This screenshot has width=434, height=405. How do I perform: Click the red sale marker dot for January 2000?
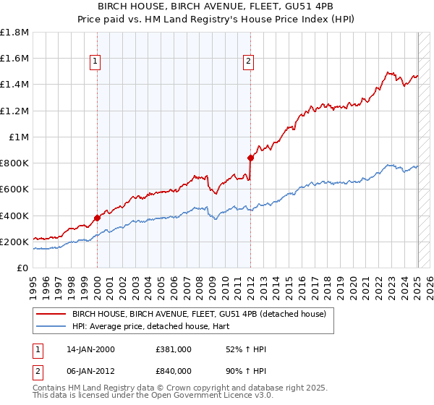pyautogui.click(x=97, y=218)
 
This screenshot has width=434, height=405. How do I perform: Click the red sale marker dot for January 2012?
pyautogui.click(x=250, y=157)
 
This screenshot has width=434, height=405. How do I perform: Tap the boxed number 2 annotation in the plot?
pyautogui.click(x=248, y=62)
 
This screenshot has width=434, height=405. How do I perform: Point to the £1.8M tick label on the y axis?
pyautogui.click(x=14, y=33)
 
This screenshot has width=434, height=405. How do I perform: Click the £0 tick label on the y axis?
pyautogui.click(x=22, y=268)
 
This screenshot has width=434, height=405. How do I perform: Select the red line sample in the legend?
pyautogui.click(x=52, y=314)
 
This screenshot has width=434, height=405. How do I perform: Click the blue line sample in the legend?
pyautogui.click(x=52, y=326)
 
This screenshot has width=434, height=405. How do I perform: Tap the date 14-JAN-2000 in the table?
pyautogui.click(x=90, y=349)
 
